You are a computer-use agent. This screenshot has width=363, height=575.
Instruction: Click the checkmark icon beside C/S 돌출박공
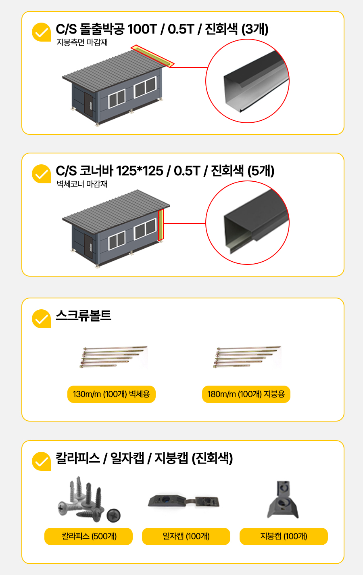(x=41, y=32)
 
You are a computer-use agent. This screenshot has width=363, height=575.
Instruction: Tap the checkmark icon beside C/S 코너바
(x=41, y=174)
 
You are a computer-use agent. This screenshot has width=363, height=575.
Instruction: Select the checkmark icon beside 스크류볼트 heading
(x=41, y=319)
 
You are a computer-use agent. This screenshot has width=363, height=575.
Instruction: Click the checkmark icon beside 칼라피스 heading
(x=41, y=461)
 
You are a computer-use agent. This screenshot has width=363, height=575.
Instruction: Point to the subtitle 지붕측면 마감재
(x=82, y=42)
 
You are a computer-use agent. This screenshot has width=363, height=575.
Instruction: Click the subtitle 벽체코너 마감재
(x=82, y=184)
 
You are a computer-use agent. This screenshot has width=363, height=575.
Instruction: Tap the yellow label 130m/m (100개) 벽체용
(x=111, y=394)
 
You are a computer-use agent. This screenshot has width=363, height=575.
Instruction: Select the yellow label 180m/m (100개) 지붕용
(x=246, y=394)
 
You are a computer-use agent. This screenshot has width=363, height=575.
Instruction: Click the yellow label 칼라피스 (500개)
(x=88, y=536)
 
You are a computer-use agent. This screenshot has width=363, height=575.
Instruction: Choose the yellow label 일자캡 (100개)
(x=186, y=536)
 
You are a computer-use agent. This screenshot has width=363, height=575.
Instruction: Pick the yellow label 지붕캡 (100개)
(x=284, y=536)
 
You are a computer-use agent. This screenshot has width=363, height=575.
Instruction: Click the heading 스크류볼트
(x=83, y=316)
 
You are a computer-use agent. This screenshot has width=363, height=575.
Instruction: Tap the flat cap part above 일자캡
(x=184, y=502)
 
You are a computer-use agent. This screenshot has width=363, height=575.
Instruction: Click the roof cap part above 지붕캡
(x=283, y=499)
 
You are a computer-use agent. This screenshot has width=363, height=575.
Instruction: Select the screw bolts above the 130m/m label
(x=114, y=357)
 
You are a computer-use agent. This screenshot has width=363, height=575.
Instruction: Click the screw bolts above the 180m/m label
(x=247, y=357)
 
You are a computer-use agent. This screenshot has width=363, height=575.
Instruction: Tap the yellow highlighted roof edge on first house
(x=152, y=56)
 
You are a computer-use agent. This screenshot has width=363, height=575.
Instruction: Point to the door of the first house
(x=88, y=105)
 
